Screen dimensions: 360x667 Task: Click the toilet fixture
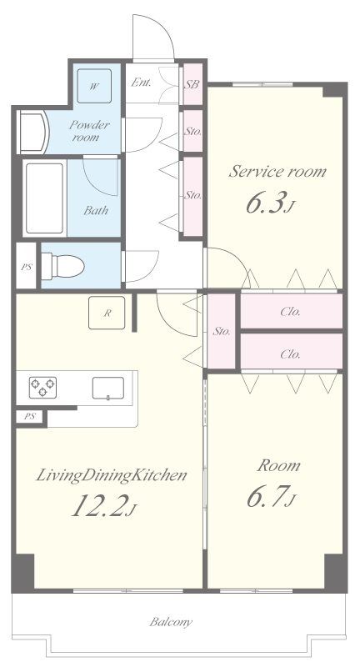[62, 266]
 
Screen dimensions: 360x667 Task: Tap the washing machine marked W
[94, 86]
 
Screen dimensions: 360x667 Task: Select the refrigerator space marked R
[107, 313]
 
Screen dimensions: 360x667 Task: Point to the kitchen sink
[108, 388]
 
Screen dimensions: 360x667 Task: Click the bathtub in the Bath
[44, 198]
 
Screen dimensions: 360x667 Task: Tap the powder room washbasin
[33, 132]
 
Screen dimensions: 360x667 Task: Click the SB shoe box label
[192, 84]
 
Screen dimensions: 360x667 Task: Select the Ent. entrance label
[141, 83]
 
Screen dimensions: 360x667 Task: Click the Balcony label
[171, 622]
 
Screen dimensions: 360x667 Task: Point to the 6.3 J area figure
[269, 204]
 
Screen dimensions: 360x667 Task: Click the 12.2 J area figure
[103, 506]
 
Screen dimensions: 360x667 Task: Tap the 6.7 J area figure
[271, 496]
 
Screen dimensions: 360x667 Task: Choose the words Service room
[277, 171]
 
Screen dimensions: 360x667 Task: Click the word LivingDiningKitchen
[112, 474]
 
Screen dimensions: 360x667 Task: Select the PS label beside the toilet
[27, 268]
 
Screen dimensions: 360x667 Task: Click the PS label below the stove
[29, 416]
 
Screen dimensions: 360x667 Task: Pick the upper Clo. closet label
[291, 312]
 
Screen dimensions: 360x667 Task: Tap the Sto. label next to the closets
[222, 331]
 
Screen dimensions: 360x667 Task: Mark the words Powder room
[88, 131]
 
